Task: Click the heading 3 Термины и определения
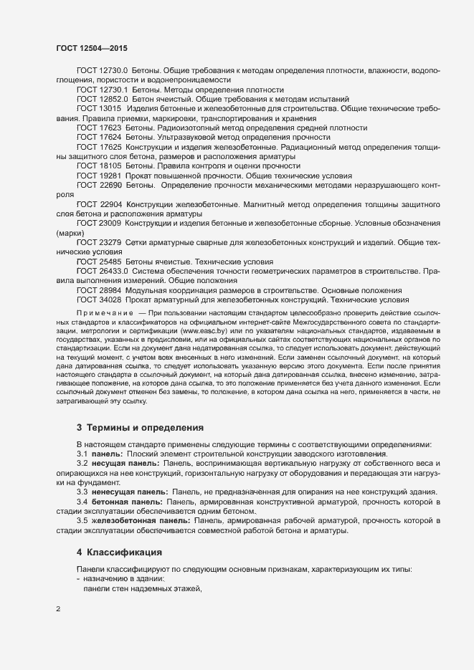140,428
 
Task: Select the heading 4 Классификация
119,552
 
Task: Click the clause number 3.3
82,492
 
